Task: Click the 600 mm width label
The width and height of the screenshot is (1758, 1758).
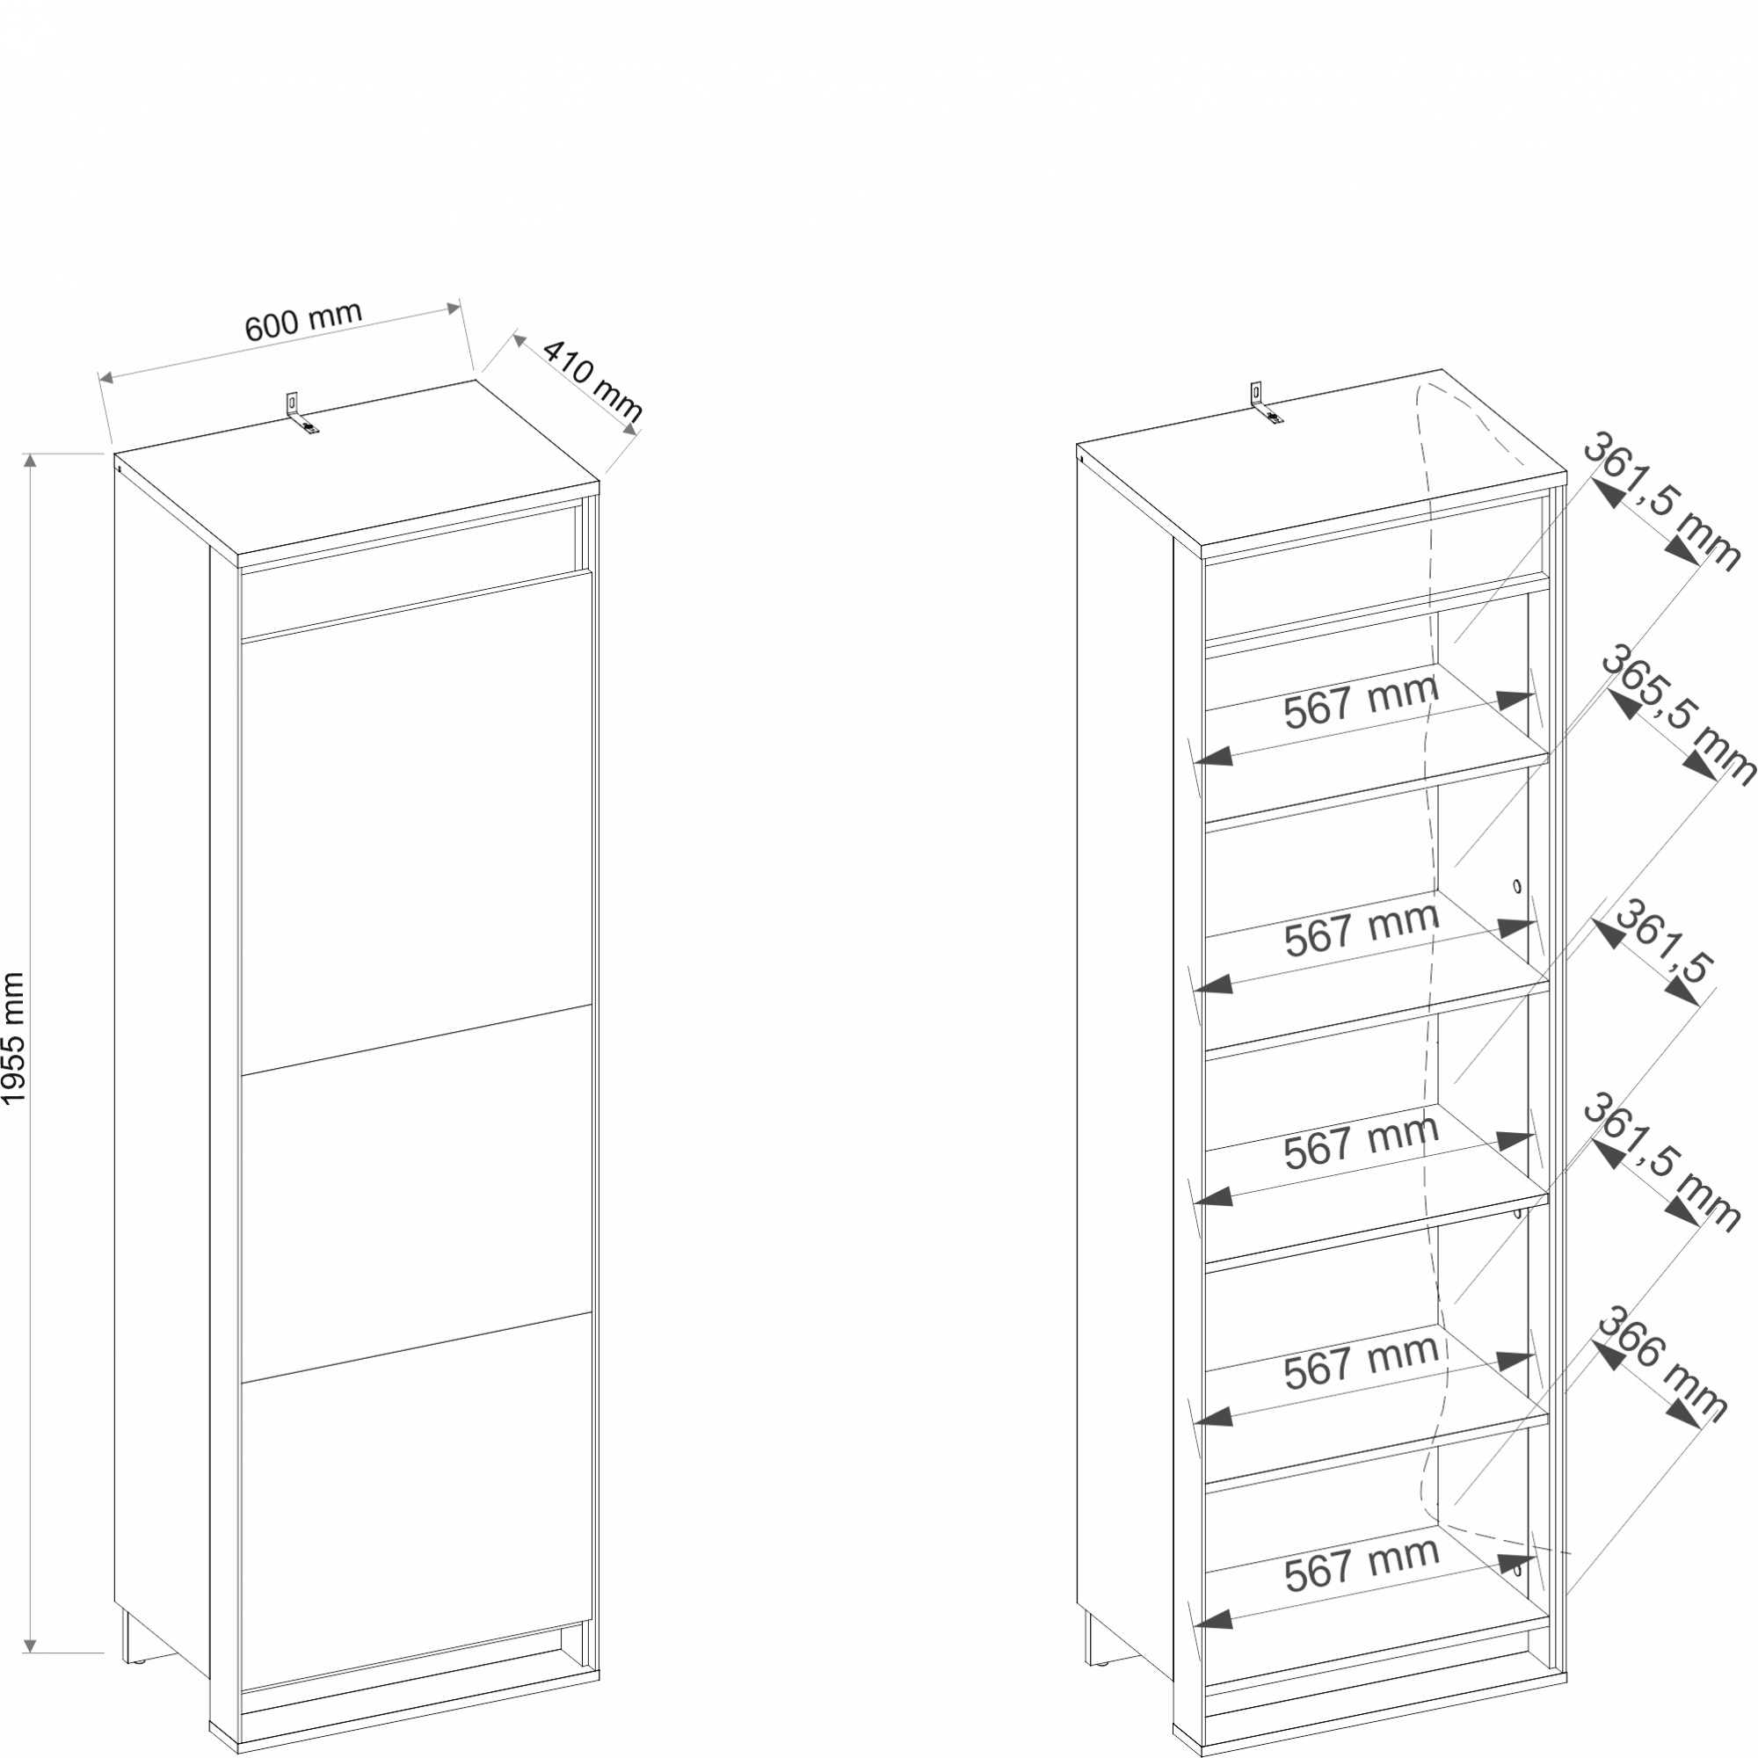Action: (304, 321)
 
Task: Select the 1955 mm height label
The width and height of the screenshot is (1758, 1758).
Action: (14, 1038)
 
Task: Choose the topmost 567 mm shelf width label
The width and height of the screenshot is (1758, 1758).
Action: (1362, 702)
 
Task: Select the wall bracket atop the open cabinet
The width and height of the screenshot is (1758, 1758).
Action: (1265, 403)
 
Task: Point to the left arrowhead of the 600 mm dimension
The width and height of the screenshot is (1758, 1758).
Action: (105, 377)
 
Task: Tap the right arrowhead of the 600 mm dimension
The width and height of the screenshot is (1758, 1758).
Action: (454, 309)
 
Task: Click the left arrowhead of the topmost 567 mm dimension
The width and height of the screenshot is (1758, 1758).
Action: (1213, 756)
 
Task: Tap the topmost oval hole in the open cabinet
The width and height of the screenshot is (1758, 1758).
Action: (1517, 885)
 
